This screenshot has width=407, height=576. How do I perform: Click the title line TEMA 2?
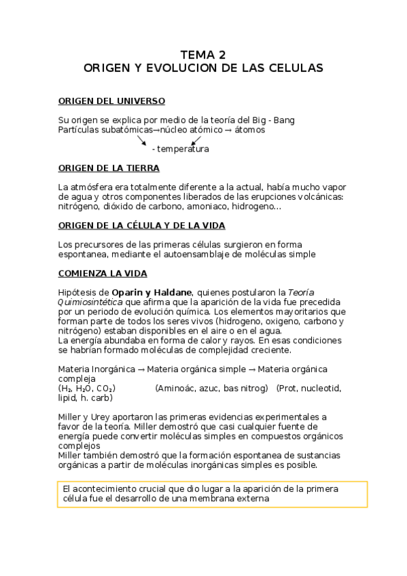(203, 55)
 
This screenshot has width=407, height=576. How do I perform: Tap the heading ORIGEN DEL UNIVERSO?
(111, 101)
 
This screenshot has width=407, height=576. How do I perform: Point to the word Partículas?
(79, 129)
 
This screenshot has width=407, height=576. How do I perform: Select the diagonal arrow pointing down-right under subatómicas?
(143, 140)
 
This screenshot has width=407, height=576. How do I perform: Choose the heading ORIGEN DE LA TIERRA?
(109, 168)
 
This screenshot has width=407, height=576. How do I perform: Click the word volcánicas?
(320, 196)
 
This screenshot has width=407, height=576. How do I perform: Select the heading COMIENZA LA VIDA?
(102, 273)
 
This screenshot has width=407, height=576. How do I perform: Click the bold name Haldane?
(176, 292)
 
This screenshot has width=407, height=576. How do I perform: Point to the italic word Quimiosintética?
(89, 302)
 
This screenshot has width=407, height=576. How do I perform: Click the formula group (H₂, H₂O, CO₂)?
(87, 388)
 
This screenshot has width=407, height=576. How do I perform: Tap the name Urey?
(98, 416)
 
